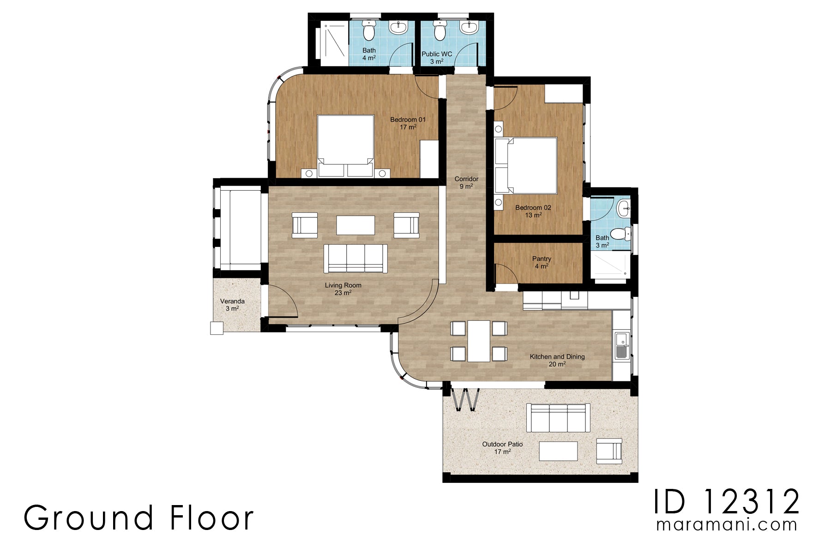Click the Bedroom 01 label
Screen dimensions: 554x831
coord(408,123)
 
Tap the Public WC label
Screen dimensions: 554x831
coord(436,57)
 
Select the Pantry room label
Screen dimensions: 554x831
coord(542,262)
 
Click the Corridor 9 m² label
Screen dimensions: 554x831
coord(466,182)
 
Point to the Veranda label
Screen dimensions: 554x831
coord(232,305)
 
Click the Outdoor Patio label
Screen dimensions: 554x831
coord(502,447)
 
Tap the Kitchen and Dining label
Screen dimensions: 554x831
coord(557,360)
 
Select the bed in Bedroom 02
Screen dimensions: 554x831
coord(526,165)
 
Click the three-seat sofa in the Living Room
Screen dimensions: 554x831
coord(355,258)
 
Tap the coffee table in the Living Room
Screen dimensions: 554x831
coord(355,225)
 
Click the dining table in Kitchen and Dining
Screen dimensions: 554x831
coord(478,341)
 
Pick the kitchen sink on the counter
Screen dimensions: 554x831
coord(621,346)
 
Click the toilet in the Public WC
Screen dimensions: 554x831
coord(440,31)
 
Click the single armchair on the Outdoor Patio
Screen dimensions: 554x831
coord(609,451)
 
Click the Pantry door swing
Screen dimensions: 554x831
coord(506,273)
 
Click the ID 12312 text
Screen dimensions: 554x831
coord(726,502)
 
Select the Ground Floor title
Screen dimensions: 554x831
coord(138,518)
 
